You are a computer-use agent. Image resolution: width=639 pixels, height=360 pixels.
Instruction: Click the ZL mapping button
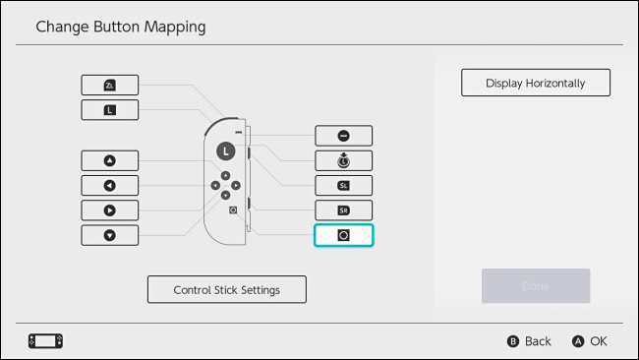pyautogui.click(x=110, y=86)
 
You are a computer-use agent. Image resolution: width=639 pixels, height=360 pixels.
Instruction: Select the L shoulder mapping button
pyautogui.click(x=110, y=110)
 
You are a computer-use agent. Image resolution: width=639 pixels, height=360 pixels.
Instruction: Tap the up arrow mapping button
pyautogui.click(x=110, y=160)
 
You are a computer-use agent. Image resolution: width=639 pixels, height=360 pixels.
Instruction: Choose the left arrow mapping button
pyautogui.click(x=110, y=185)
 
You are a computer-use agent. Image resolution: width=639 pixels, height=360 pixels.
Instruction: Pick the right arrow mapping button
pyautogui.click(x=110, y=210)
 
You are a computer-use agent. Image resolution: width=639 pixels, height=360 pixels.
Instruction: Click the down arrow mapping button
pyautogui.click(x=110, y=234)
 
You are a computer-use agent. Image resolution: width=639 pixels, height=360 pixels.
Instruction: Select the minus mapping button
pyautogui.click(x=343, y=136)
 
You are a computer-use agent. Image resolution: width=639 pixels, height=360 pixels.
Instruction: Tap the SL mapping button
pyautogui.click(x=343, y=185)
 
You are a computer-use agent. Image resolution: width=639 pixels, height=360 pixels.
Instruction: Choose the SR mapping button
pyautogui.click(x=343, y=210)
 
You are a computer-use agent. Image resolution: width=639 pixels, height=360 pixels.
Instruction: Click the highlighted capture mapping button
pyautogui.click(x=343, y=235)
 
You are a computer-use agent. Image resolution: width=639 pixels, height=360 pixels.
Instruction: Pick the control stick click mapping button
pyautogui.click(x=343, y=160)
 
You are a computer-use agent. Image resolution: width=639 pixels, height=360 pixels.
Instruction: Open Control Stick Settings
pyautogui.click(x=227, y=290)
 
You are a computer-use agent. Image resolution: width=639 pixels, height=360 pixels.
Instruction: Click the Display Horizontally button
pyautogui.click(x=536, y=83)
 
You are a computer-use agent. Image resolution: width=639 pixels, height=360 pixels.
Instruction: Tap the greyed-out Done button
pyautogui.click(x=536, y=285)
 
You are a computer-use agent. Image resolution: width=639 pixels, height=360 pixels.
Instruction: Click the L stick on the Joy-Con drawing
pyautogui.click(x=225, y=150)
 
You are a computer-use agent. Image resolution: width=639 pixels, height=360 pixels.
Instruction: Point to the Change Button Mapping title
pyautogui.click(x=121, y=27)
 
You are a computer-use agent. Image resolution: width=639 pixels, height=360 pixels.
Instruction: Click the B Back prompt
pyautogui.click(x=529, y=341)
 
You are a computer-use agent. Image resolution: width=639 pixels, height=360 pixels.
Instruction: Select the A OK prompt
pyautogui.click(x=590, y=341)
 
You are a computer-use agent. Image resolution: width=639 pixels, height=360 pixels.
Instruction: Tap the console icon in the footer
pyautogui.click(x=45, y=341)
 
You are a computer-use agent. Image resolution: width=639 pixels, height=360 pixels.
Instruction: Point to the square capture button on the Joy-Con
pyautogui.click(x=233, y=210)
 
